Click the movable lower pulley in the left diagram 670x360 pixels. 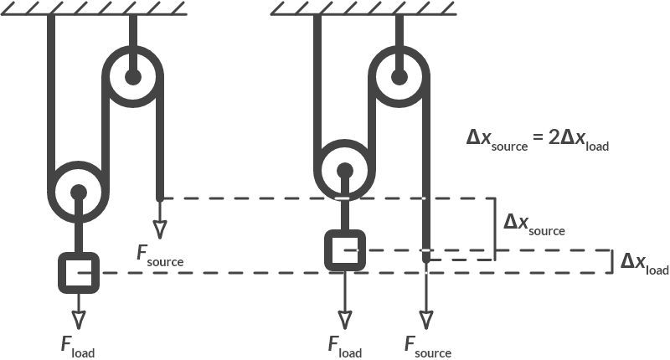coord(79,192)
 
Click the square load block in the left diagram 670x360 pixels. coord(79,272)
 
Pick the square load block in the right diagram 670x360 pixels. coord(344,249)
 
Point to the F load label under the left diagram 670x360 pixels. coord(77,347)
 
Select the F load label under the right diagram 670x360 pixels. coord(344,347)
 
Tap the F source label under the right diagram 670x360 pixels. coord(427,347)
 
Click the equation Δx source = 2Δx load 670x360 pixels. coord(537,140)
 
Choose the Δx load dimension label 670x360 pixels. coord(644,264)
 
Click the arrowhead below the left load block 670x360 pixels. coord(79,319)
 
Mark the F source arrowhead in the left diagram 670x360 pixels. coord(159,228)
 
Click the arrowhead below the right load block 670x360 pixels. coord(344,319)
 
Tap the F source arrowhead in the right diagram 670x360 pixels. coord(427,319)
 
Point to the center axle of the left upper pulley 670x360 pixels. coord(132,77)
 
